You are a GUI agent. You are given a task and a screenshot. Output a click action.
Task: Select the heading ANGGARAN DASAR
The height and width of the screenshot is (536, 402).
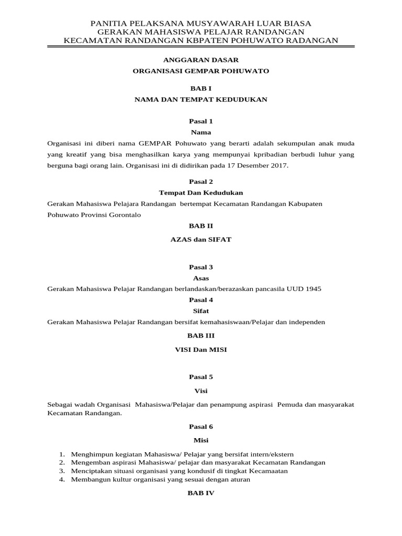point(201,60)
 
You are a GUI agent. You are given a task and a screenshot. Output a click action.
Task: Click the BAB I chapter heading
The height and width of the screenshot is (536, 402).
point(201,88)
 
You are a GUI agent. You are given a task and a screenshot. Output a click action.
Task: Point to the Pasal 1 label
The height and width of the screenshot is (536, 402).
point(201,121)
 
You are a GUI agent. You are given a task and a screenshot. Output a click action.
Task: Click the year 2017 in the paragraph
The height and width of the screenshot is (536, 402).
point(278,166)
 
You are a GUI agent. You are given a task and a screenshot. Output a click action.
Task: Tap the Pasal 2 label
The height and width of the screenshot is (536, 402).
point(201,182)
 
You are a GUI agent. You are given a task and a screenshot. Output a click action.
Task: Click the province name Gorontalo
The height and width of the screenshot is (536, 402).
point(122,215)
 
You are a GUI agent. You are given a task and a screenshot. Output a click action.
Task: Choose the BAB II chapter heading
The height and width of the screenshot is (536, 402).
point(201,226)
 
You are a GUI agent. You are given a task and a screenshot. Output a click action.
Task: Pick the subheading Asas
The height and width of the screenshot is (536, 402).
point(201,278)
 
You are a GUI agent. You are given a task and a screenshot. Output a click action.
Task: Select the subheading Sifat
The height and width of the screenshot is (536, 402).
point(201,311)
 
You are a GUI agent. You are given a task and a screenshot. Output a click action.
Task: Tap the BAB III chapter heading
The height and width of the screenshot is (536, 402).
point(201,336)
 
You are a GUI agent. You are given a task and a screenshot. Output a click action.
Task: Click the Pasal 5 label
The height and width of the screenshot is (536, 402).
point(201,376)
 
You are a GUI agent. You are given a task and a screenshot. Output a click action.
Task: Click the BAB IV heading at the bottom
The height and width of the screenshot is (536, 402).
point(201,493)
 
